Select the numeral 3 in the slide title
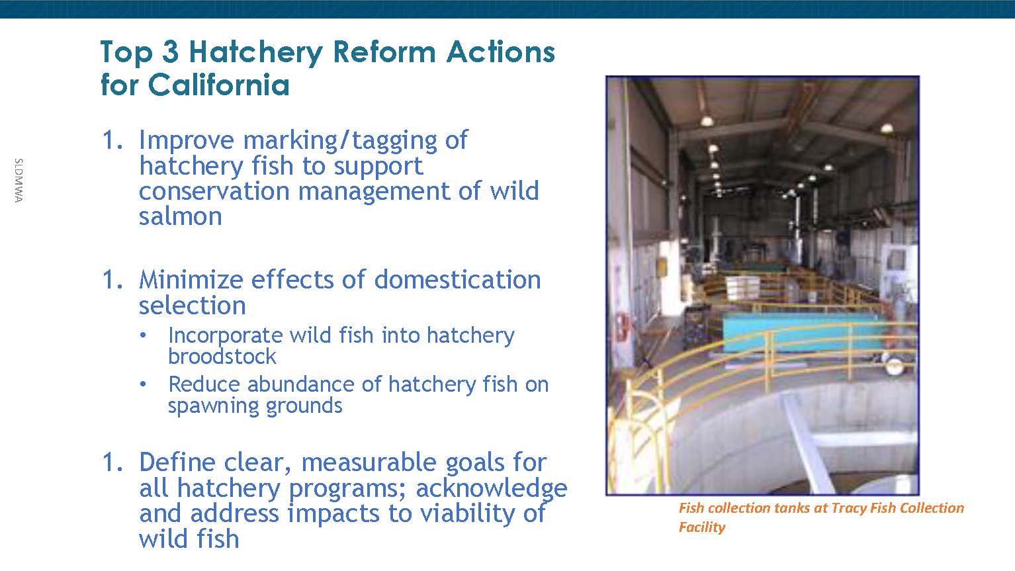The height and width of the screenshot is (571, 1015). coord(170,52)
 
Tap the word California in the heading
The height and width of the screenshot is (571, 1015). coord(219,85)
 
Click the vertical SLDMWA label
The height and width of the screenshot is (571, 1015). coord(19,181)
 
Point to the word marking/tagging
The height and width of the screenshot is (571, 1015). coord(340,140)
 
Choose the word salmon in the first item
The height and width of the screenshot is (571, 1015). coord(181,216)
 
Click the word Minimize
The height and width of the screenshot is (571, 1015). coord(191,279)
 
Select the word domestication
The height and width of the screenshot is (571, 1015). coord(457,279)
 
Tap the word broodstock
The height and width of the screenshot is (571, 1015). coord(222,356)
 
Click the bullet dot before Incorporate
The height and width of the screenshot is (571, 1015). coord(143,335)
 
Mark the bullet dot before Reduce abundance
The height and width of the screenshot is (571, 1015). coord(143,384)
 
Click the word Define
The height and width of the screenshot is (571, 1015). coord(177,462)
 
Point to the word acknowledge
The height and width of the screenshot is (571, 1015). coord(492,488)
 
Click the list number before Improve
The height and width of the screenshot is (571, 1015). coord(112,140)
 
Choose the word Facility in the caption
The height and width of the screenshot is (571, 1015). coord(701,527)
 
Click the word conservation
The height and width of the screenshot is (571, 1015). coord(214,191)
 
